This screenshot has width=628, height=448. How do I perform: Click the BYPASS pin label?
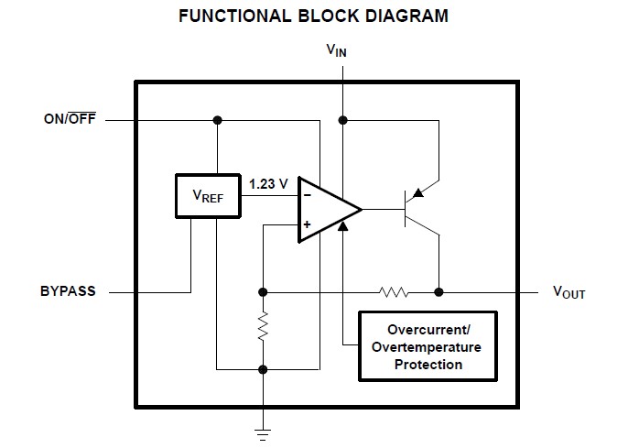68,292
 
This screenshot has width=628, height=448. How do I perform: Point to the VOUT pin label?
568,293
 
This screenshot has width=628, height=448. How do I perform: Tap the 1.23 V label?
268,183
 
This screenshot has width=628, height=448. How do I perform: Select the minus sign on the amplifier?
307,194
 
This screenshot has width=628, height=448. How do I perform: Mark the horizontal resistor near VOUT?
395,292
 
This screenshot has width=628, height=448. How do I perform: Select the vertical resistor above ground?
263,325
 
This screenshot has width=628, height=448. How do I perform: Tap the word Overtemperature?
428,347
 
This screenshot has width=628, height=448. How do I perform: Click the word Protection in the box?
428,365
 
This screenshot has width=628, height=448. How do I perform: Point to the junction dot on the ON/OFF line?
217,120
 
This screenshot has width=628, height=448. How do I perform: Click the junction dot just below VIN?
342,120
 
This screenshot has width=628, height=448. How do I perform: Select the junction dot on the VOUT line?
439,292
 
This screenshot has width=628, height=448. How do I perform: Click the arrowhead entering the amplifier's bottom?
342,225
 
